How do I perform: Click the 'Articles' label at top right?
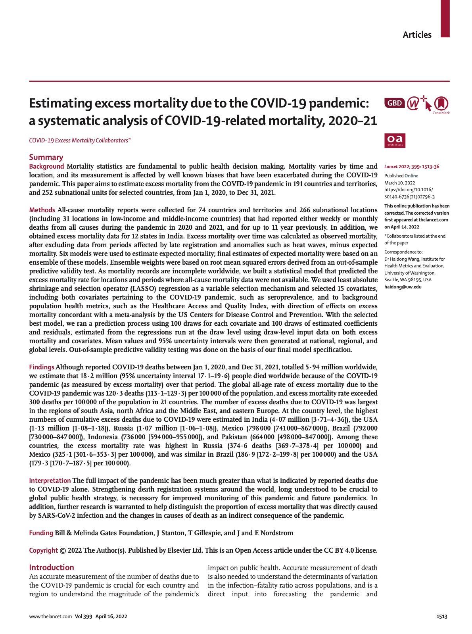point(417,35)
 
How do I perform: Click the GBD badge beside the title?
point(394,103)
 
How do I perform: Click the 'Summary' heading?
point(46,157)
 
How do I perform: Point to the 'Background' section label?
point(46,166)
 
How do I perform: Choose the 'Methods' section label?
point(42,210)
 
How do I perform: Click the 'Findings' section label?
point(42,367)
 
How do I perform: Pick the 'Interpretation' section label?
point(50,480)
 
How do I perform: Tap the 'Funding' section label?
point(41,533)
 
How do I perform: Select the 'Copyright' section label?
point(44,550)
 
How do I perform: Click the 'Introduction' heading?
point(52,567)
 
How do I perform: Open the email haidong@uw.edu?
point(403,286)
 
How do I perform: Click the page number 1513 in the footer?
point(442,617)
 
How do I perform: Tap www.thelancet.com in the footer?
point(50,617)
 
